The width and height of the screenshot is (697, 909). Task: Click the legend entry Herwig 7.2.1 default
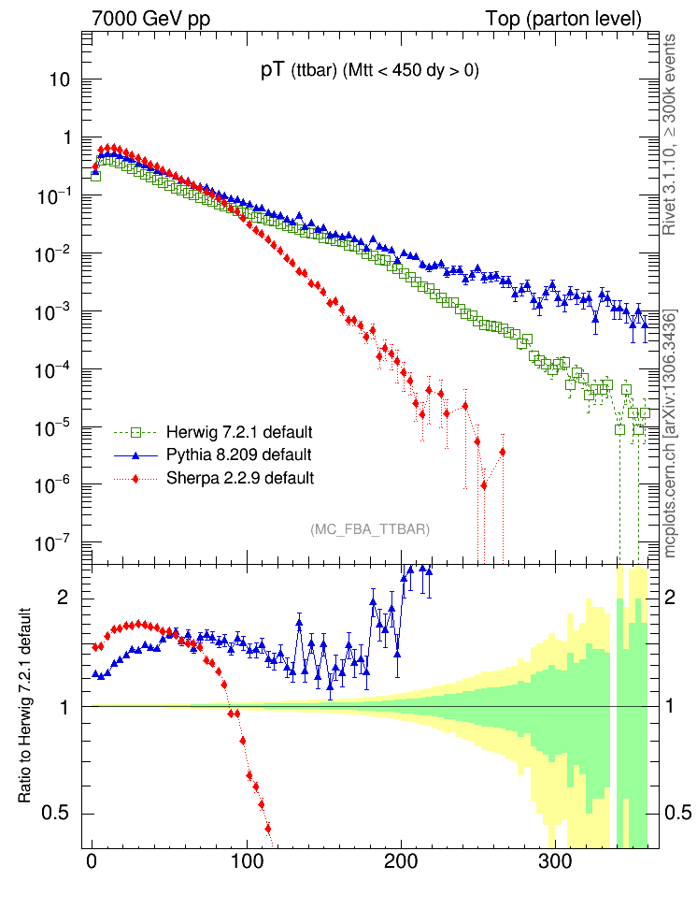tap(238, 433)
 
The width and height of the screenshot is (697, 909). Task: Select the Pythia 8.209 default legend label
tap(238, 455)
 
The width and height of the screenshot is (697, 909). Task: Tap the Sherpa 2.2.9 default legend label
tap(239, 478)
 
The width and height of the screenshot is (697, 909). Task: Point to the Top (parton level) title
tap(563, 19)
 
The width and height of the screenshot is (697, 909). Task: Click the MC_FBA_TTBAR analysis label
tap(370, 529)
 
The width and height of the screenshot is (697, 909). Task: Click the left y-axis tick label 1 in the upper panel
tap(66, 137)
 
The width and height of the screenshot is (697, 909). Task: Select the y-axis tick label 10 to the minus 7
tap(57, 543)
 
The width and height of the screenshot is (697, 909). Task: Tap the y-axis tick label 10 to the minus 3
tap(57, 311)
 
